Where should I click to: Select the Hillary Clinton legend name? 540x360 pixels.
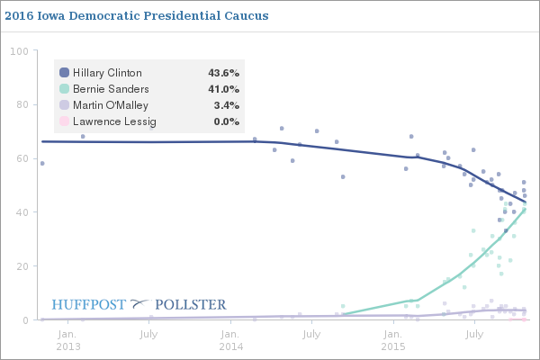coord(106,73)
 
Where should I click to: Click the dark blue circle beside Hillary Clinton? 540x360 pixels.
coord(64,73)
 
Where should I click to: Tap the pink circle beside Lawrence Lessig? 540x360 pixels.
coord(64,121)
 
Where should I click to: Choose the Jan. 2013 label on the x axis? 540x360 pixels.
coord(68,339)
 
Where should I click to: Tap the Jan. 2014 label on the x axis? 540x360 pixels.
coord(231,339)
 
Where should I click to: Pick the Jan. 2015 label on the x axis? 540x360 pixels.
coord(393,339)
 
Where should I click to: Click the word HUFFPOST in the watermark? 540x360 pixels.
coord(89,305)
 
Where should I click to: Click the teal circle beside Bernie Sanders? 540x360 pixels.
coord(64,89)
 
